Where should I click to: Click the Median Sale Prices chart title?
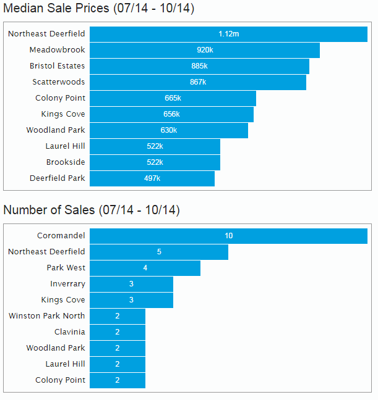pos(100,10)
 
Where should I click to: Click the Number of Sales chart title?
pos(91,210)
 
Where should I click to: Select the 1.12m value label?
pos(228,34)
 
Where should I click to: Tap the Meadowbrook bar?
pos(204,50)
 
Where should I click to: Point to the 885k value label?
pos(199,66)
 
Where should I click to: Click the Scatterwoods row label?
pos(59,82)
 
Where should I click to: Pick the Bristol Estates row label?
pos(57,66)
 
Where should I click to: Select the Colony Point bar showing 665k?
pos(173,98)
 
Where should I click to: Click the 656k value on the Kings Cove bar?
pos(171,114)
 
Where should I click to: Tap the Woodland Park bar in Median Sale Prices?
pos(168,130)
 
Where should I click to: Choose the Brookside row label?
pos(66,162)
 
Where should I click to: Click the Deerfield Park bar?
pos(152,178)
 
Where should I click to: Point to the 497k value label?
pos(152,178)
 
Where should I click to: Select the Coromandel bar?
pos(228,236)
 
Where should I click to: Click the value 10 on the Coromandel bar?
pos(228,236)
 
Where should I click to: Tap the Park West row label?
pos(66,268)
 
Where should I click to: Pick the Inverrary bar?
pos(131,284)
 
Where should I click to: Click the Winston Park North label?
pos(47,316)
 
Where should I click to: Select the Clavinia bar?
pos(118,332)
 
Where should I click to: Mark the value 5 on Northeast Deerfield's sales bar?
pos(159,252)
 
